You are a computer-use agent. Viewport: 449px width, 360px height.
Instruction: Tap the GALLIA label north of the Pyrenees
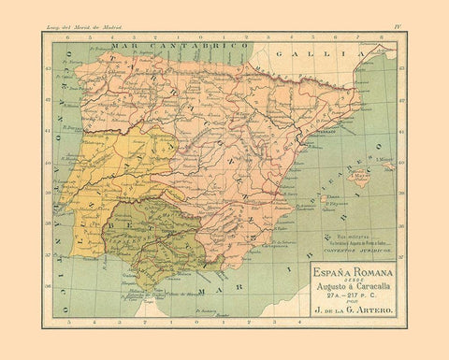click(336, 54)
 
